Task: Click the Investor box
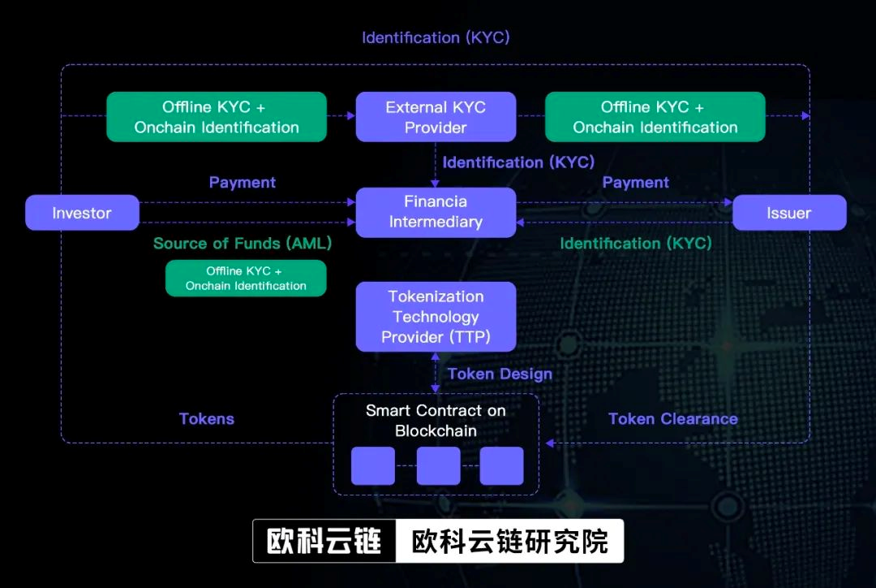(82, 213)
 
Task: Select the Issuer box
(789, 213)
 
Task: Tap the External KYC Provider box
(436, 117)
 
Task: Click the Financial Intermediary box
(436, 212)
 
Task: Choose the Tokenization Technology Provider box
(436, 317)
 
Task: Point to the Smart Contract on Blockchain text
(436, 420)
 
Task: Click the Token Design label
(500, 374)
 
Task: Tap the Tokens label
(206, 419)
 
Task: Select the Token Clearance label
(673, 419)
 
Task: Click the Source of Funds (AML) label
(243, 243)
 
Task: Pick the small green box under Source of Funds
(246, 278)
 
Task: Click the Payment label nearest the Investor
(243, 183)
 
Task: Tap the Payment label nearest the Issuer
(636, 183)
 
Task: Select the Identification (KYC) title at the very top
(436, 37)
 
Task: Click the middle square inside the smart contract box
(438, 465)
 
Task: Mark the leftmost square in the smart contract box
(373, 465)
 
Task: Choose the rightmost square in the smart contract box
(501, 465)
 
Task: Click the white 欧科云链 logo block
(324, 541)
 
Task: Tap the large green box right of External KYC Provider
(655, 117)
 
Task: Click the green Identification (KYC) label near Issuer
(636, 243)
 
